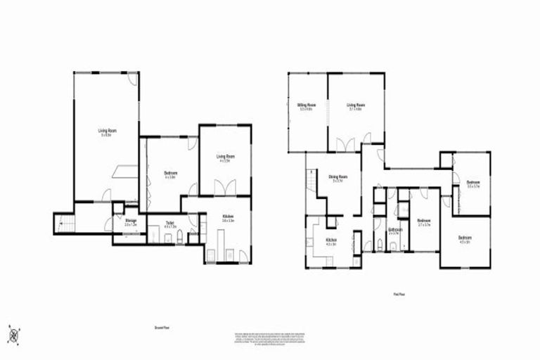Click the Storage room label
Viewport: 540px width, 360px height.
131,223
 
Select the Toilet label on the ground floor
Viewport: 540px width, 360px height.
169,226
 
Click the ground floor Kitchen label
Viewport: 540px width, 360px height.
228,217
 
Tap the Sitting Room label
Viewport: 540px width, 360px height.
306,107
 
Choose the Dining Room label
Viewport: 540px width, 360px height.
338,178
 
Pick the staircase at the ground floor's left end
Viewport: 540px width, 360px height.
63,223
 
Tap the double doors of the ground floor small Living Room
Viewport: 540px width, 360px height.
225,188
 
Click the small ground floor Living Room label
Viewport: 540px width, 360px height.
225,157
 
